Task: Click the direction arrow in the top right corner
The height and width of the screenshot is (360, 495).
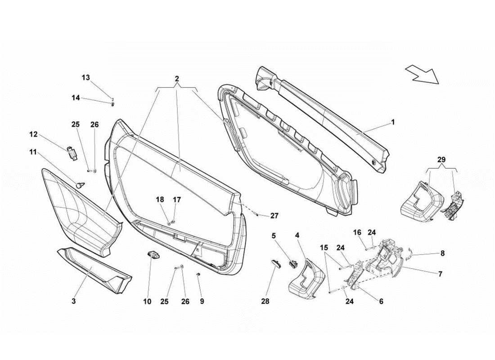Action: tap(422, 74)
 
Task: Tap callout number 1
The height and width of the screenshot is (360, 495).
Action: tap(392, 122)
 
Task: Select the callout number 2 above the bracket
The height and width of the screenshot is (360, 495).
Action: tap(177, 78)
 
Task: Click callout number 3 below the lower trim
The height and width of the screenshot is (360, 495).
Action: tap(73, 301)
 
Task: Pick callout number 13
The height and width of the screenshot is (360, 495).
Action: tap(85, 77)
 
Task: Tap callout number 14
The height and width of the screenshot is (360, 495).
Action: tap(76, 98)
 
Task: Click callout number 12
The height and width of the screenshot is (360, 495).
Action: tap(33, 134)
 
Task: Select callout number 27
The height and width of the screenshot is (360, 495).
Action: tap(274, 216)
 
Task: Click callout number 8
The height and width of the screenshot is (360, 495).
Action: tap(442, 254)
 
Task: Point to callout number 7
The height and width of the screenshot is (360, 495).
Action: tap(440, 274)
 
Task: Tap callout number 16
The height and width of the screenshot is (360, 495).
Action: tap(357, 233)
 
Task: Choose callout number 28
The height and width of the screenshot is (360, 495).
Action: tap(265, 301)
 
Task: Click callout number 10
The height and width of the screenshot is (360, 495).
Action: tap(148, 301)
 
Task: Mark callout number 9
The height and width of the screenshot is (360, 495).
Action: tap(202, 301)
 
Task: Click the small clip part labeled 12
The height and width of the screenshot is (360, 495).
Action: tap(71, 153)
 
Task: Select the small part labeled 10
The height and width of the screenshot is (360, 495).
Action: tap(153, 255)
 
